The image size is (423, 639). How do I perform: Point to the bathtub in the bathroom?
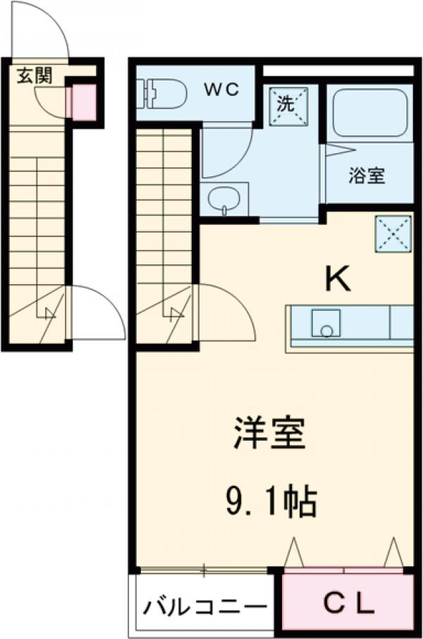point(369,112)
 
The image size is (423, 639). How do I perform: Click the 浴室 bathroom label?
point(367,176)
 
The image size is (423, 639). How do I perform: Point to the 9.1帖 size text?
point(271,503)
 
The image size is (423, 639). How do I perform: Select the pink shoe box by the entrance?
point(83,101)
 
